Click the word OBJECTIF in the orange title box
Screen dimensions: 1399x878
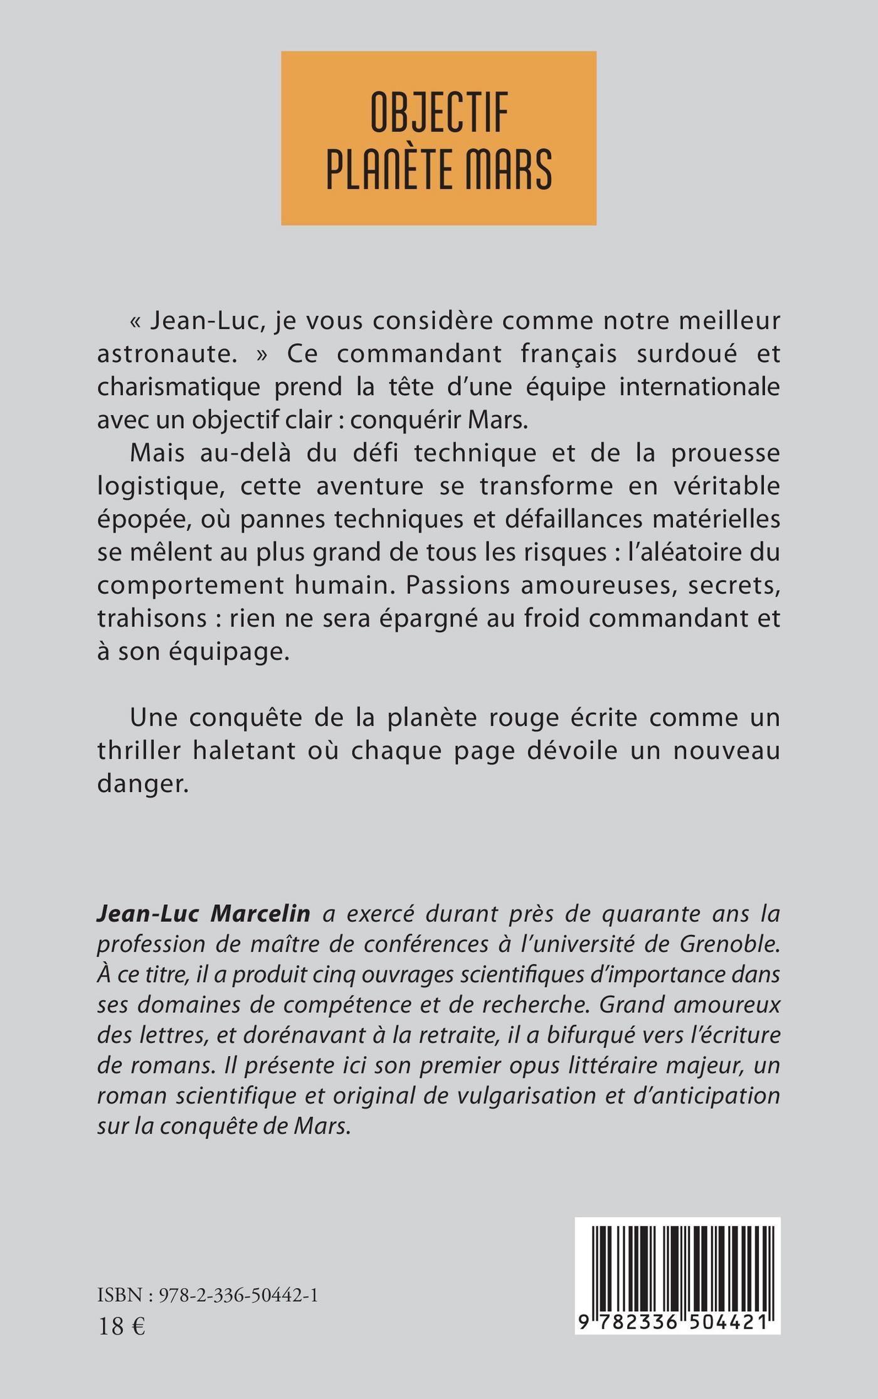click(438, 113)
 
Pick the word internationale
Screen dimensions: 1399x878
click(699, 387)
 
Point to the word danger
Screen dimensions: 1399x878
click(143, 784)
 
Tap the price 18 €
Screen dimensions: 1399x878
click(122, 1326)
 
